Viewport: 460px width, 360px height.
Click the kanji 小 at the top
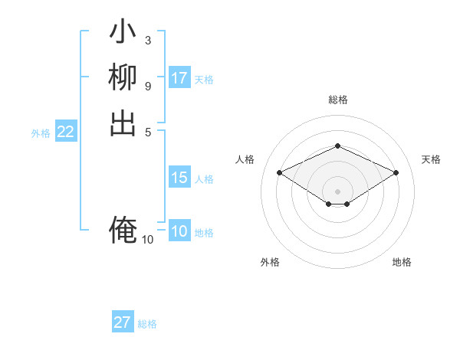click(x=123, y=33)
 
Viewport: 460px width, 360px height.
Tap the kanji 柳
click(x=123, y=77)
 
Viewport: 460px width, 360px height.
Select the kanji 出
click(x=123, y=123)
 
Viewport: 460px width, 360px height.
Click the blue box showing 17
click(x=179, y=78)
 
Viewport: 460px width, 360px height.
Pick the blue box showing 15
click(x=179, y=178)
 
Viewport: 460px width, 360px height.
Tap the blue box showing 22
click(x=66, y=132)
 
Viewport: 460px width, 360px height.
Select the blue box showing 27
click(x=123, y=322)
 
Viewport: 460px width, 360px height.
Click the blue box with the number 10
click(x=179, y=232)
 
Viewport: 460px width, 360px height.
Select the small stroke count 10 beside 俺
click(x=147, y=240)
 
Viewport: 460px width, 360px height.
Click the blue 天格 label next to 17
click(x=204, y=79)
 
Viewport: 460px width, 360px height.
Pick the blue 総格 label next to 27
click(x=147, y=324)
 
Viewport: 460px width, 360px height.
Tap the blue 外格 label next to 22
click(x=41, y=133)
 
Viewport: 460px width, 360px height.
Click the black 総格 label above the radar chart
click(x=337, y=100)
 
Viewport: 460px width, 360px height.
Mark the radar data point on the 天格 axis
click(x=396, y=172)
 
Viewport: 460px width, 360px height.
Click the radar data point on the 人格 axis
click(x=280, y=172)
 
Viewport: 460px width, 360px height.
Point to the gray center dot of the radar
click(x=337, y=191)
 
